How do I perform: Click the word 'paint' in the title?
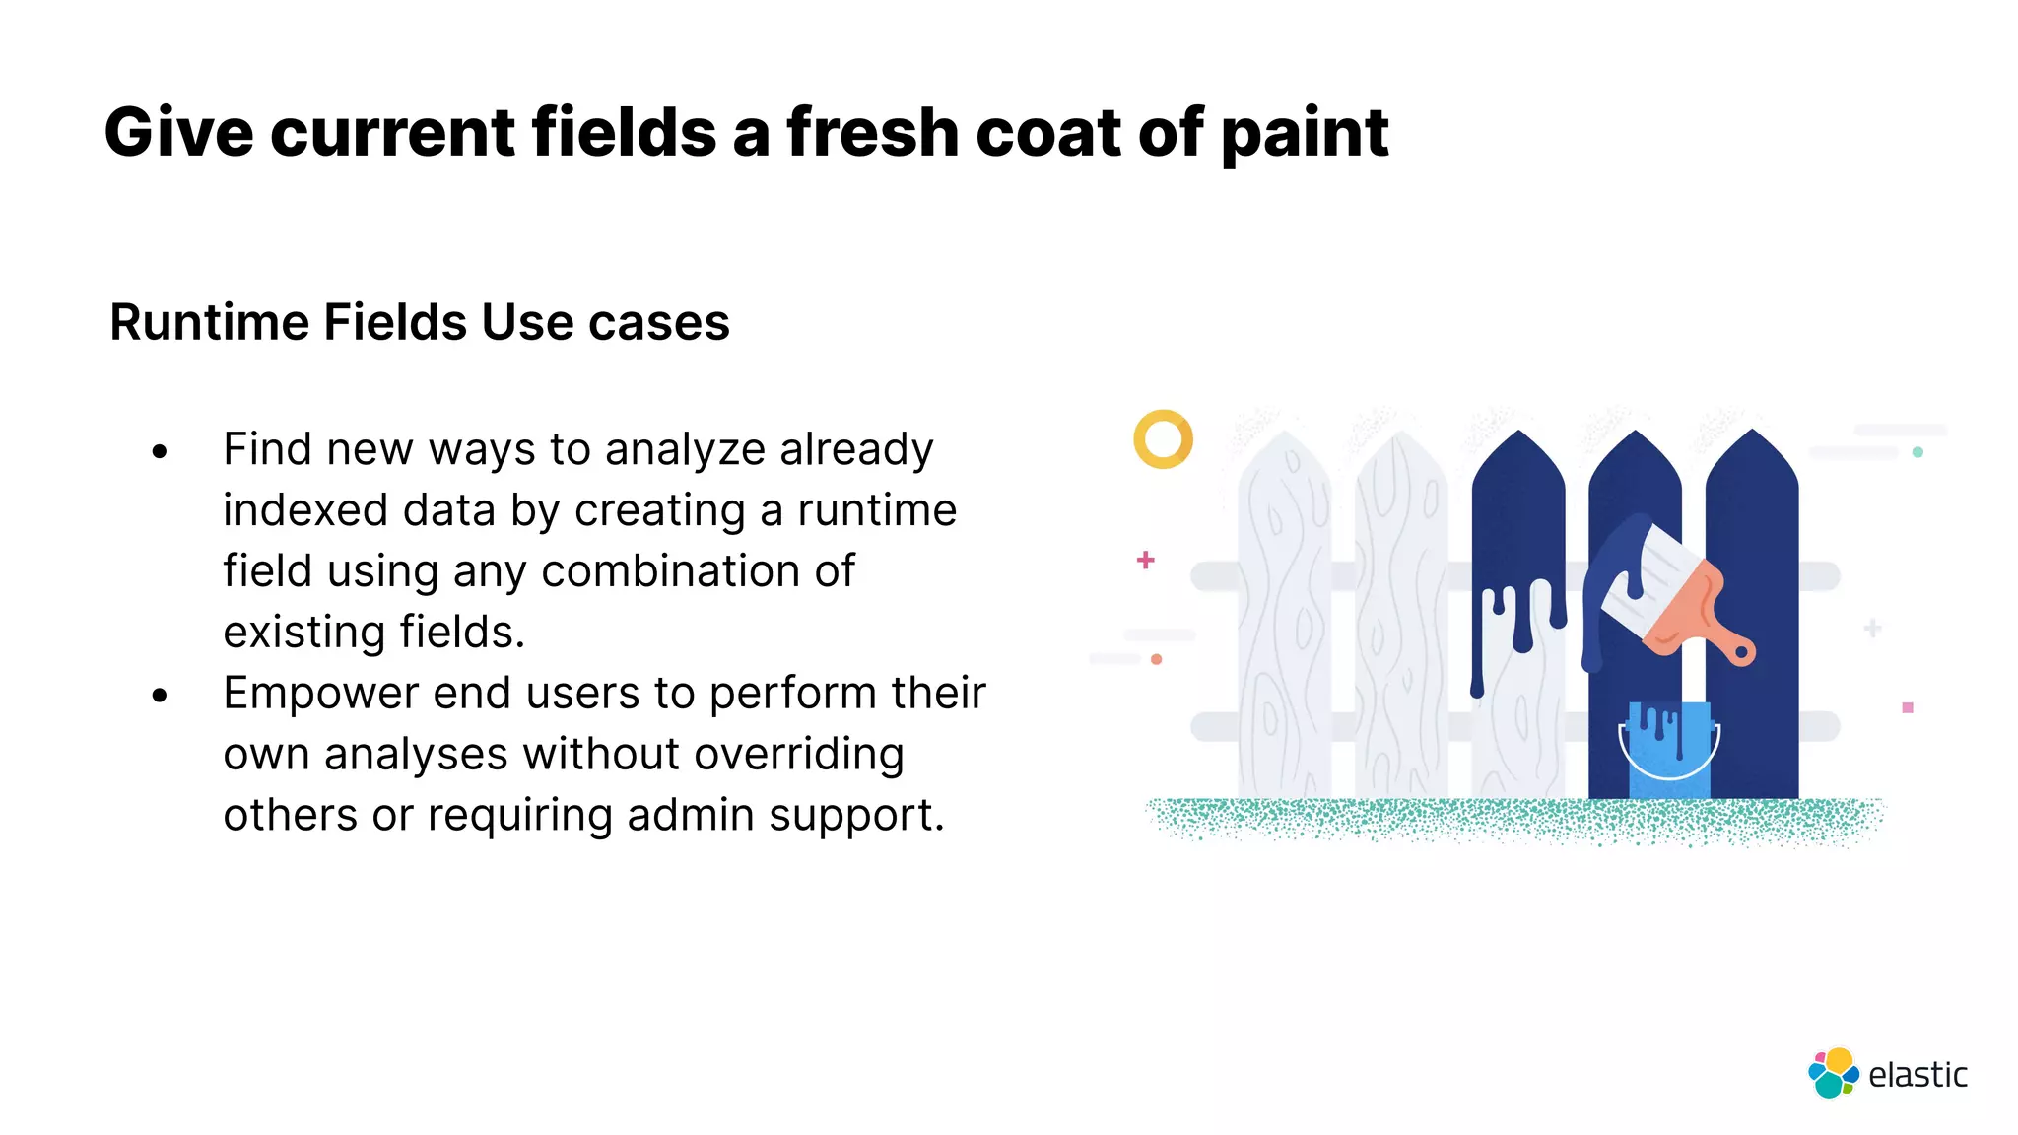[1305, 134]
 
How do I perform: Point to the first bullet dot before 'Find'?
[161, 452]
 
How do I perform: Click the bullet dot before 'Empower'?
[161, 696]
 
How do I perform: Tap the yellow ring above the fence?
[1163, 438]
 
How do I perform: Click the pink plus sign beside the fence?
[1145, 560]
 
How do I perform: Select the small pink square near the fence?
[1908, 707]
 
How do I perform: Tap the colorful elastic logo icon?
[1833, 1074]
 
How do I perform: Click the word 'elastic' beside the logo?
[1917, 1075]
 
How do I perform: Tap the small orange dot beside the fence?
[1157, 659]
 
